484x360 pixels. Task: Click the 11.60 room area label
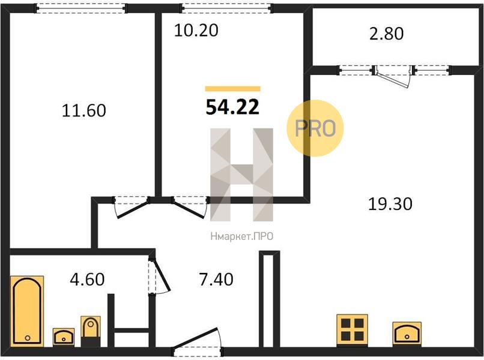pos(84,110)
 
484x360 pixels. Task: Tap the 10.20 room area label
pos(196,30)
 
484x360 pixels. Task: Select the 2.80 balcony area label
pos(387,34)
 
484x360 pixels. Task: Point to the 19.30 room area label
pos(390,204)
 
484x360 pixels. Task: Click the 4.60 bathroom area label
pos(87,280)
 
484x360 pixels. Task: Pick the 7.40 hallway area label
pos(216,280)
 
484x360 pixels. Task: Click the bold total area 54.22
pos(232,107)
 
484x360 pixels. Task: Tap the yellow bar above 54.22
pos(233,89)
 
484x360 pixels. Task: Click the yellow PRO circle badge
pos(315,128)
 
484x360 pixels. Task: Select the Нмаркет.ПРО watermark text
pos(241,236)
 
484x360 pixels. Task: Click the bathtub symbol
pos(27,311)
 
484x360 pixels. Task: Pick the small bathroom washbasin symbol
pos(64,337)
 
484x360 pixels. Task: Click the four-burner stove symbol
pos(352,331)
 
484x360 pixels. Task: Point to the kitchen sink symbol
pos(407,334)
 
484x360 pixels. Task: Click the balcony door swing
pos(393,77)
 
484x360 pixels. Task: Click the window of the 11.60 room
pos(81,8)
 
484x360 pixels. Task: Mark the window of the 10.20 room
pos(226,8)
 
